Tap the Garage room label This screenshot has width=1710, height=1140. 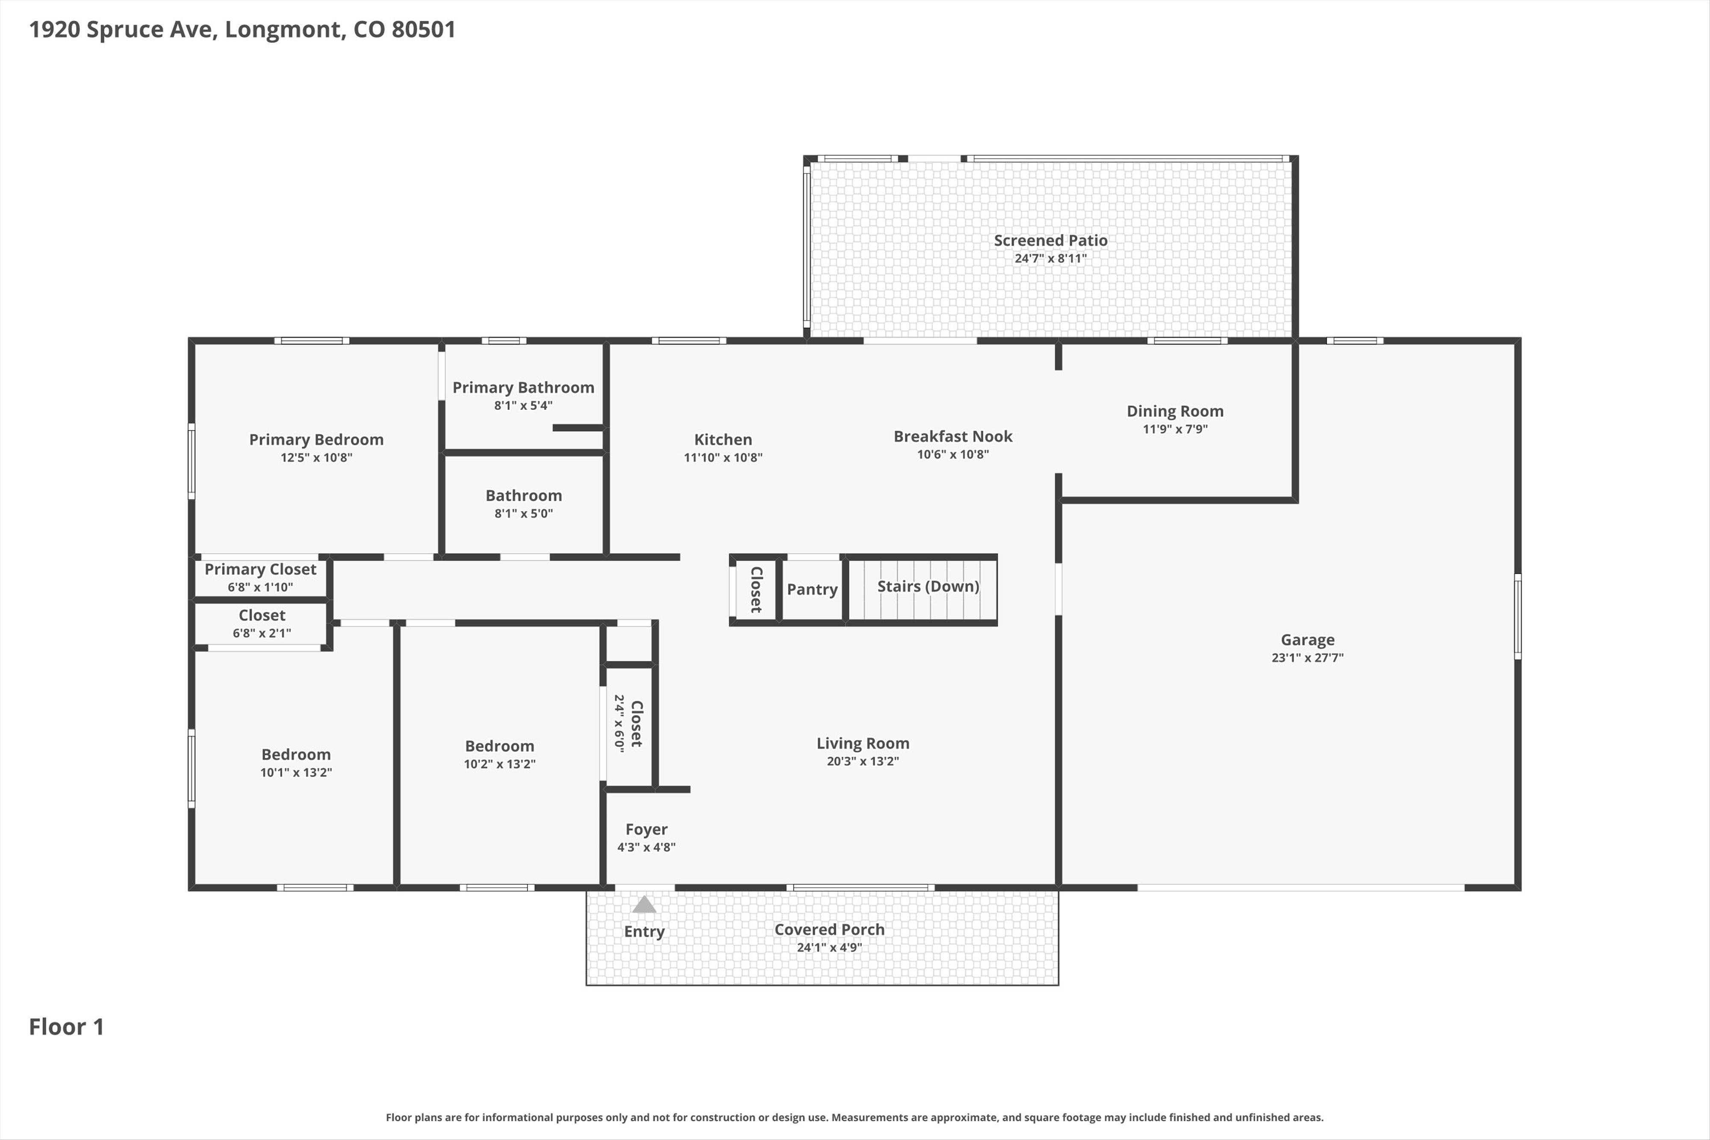click(x=1307, y=640)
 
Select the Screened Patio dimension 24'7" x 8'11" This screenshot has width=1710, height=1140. click(x=1050, y=258)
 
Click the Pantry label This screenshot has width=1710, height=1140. click(x=812, y=589)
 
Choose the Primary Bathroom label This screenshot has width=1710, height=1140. click(x=523, y=388)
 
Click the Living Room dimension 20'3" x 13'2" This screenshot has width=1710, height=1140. click(x=863, y=761)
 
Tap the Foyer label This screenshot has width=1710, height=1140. click(x=646, y=830)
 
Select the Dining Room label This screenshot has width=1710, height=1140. click(x=1175, y=412)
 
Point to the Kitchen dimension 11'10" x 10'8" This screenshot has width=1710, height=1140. click(x=722, y=457)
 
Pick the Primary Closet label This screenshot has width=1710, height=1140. click(x=260, y=569)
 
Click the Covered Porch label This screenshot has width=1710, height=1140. click(x=829, y=929)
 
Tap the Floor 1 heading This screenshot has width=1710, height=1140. click(x=66, y=1027)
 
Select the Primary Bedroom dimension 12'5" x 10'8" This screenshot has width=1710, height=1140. click(x=316, y=457)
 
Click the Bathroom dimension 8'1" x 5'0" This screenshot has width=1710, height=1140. click(x=523, y=513)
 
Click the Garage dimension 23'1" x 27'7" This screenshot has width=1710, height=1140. click(x=1307, y=658)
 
